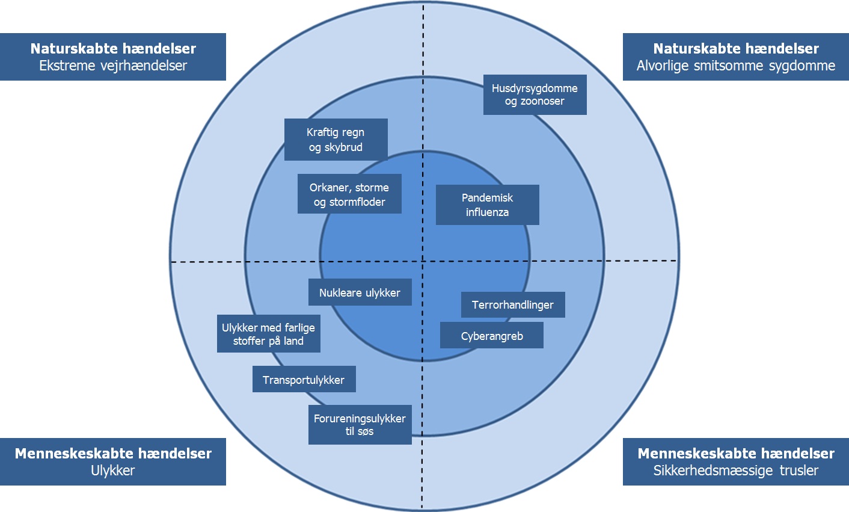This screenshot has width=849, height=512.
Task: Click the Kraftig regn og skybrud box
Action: point(336,140)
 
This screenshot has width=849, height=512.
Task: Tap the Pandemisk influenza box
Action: point(487,205)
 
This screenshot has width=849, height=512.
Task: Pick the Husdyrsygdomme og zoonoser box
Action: point(535,94)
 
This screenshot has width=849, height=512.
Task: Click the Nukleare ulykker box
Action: point(360,292)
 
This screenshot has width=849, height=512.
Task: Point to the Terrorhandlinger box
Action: point(512,304)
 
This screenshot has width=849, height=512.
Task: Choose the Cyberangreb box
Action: point(491,336)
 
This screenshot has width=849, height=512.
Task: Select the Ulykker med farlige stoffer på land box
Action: point(268,334)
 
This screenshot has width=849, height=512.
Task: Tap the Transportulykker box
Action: point(304,380)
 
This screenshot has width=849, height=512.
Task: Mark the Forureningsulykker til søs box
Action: point(360,425)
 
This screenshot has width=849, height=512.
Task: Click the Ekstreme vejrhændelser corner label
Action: point(113,66)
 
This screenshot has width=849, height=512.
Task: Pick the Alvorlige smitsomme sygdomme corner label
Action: point(736,66)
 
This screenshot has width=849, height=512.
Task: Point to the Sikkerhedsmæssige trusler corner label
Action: point(736,470)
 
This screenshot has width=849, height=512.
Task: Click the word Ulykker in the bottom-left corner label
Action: point(113,470)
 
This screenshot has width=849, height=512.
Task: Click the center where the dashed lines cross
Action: point(423,261)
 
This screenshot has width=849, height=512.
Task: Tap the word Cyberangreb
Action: point(492,336)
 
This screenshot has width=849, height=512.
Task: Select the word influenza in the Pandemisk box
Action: point(487,212)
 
